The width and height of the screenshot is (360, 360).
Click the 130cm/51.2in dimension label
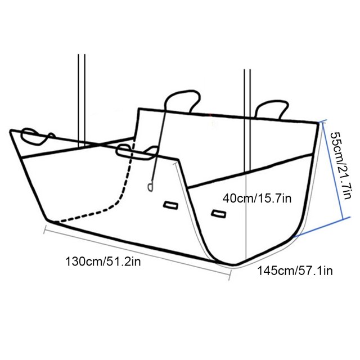pyautogui.click(x=103, y=262)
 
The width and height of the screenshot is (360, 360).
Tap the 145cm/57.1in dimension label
pyautogui.click(x=295, y=271)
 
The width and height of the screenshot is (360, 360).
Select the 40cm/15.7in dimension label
pyautogui.click(x=257, y=198)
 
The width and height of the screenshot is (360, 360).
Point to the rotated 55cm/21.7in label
pyautogui.click(x=341, y=165)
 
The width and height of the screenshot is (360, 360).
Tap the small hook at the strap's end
pyautogui.click(x=150, y=187)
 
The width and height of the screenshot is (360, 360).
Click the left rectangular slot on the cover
pyautogui.click(x=170, y=205)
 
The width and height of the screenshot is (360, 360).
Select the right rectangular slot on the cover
pyautogui.click(x=219, y=214)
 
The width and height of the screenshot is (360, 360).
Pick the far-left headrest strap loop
pyautogui.click(x=37, y=137)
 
